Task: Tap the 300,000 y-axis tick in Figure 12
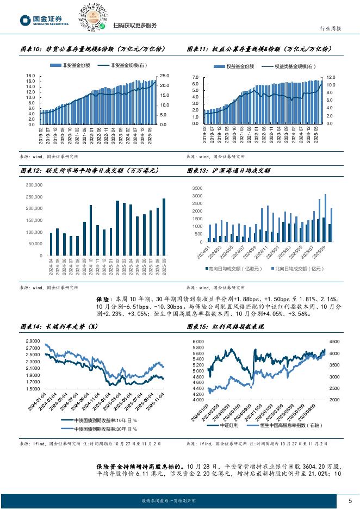click(34, 185)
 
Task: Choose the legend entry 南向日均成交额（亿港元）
click(234, 269)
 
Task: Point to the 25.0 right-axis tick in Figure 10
click(164, 76)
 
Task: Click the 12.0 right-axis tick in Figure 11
click(330, 78)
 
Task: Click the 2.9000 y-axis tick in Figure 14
click(32, 340)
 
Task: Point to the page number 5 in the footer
click(350, 500)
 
